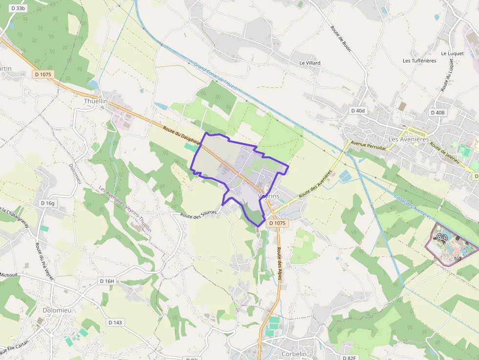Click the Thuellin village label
(95, 101)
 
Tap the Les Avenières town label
(408, 139)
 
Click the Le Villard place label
(310, 63)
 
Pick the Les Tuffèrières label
(419, 61)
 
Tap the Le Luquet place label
(451, 53)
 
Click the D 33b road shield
(17, 8)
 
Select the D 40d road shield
(358, 111)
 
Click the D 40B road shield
(437, 112)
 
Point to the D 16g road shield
(48, 203)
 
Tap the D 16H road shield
(107, 281)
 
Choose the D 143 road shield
(115, 322)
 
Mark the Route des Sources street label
(198, 214)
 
